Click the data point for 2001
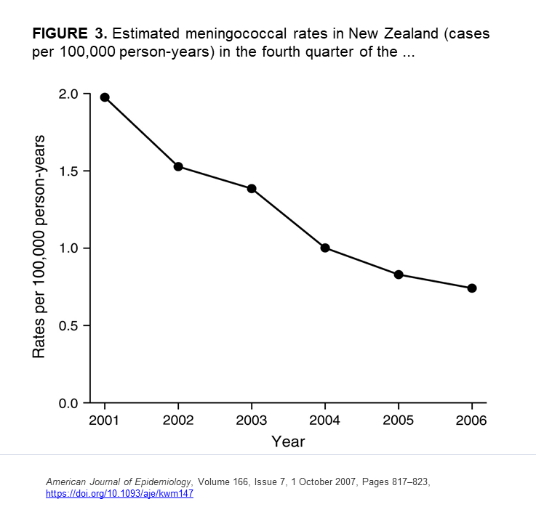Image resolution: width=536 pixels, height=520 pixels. (x=105, y=97)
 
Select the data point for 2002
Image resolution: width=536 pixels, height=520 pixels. (x=178, y=166)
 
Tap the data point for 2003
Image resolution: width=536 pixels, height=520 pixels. (x=252, y=188)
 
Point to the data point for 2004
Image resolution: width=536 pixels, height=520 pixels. (x=325, y=248)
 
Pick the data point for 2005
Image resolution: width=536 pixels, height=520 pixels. (x=399, y=275)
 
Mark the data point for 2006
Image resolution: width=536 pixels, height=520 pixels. (x=472, y=288)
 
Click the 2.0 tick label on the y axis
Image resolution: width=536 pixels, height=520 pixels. (x=69, y=94)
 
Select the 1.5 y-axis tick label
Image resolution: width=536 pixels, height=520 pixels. (x=69, y=171)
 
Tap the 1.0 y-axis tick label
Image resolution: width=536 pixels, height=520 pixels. (x=69, y=248)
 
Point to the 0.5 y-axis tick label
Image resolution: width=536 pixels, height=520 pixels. (x=69, y=325)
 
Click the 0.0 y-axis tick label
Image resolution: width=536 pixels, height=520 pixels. (x=69, y=403)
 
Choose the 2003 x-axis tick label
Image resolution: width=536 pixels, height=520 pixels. (x=252, y=420)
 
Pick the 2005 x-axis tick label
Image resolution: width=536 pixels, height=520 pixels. (x=399, y=420)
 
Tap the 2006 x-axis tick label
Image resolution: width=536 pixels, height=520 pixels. (x=472, y=420)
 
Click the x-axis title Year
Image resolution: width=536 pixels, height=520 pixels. (x=288, y=442)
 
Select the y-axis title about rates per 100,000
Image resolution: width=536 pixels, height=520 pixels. (x=39, y=247)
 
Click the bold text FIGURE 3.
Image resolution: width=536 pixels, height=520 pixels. (x=71, y=34)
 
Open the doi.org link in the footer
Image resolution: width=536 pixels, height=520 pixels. (x=120, y=494)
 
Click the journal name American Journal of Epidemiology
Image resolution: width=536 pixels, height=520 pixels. (x=119, y=482)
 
